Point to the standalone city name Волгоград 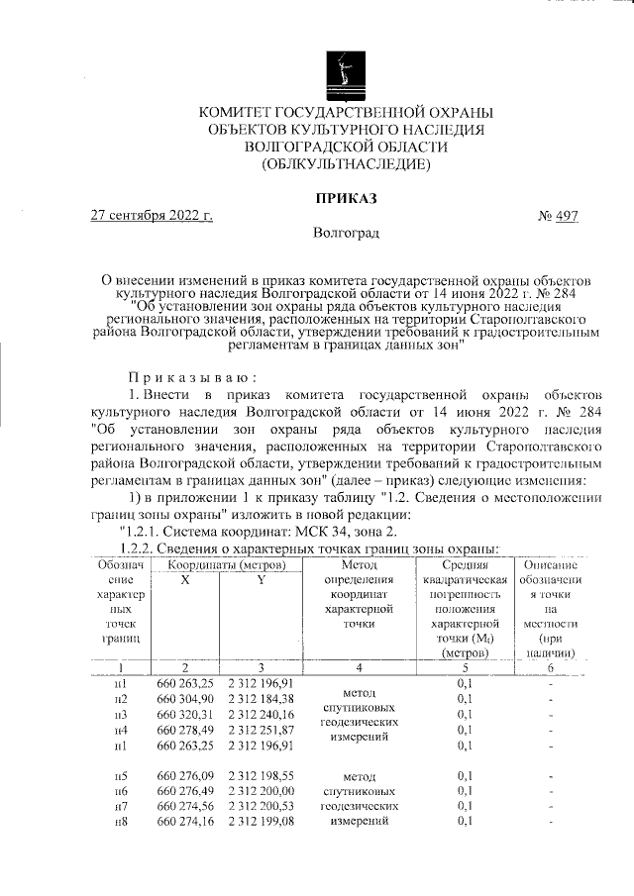point(346,234)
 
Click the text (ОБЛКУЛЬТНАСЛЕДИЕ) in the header point(345,163)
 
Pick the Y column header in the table point(261,580)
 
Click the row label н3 point(120,714)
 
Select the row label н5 point(120,777)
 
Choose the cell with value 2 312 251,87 point(261,730)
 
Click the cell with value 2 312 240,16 point(261,714)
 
